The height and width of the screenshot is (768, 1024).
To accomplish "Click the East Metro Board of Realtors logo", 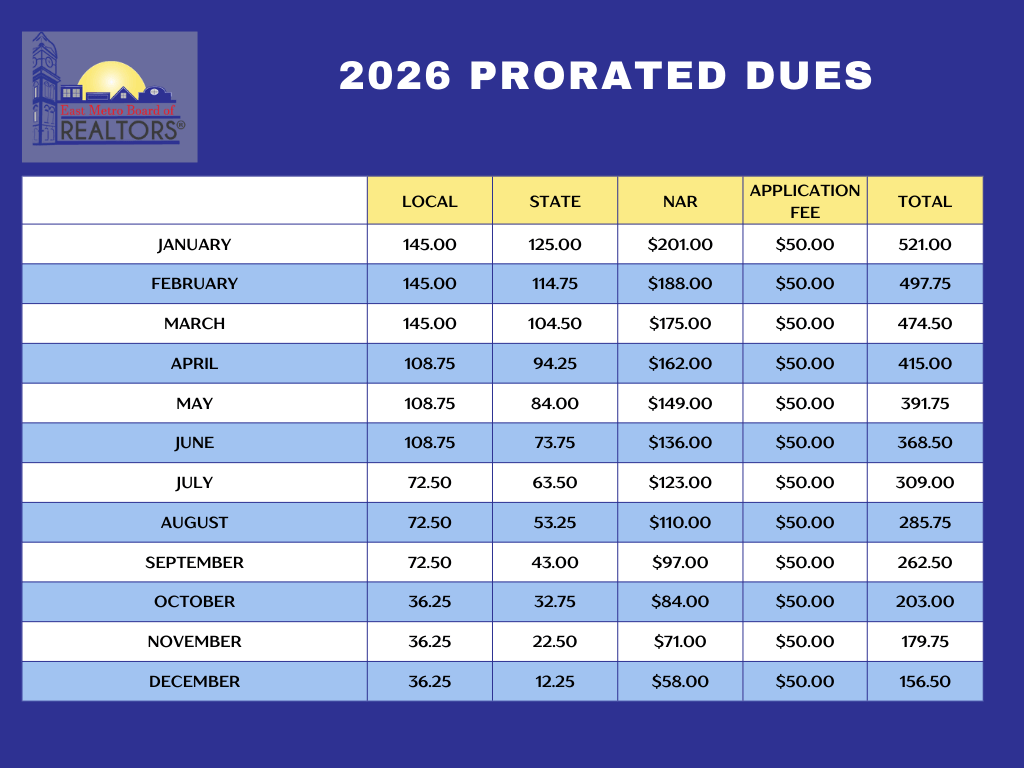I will click(110, 96).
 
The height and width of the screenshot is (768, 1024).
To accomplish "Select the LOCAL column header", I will click(429, 201).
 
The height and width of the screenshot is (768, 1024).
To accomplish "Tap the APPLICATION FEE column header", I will click(805, 201).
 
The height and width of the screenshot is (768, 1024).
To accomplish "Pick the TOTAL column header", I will click(925, 201).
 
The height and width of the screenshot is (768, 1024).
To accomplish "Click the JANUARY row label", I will click(194, 244).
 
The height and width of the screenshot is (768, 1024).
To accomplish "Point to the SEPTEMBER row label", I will click(194, 562).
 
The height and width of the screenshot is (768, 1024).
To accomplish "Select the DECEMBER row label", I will click(194, 681).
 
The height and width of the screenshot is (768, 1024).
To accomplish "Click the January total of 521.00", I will click(925, 244).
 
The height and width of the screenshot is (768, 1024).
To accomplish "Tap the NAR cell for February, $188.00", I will click(680, 284).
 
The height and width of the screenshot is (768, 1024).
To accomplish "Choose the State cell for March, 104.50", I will click(554, 324).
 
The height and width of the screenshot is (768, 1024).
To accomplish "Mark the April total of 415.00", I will click(925, 363).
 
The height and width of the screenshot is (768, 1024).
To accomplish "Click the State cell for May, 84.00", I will click(554, 403).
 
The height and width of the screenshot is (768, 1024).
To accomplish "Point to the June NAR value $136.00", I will click(680, 443).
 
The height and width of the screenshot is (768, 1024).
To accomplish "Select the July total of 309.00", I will click(925, 483).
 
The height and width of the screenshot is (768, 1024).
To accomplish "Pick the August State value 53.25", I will click(554, 522).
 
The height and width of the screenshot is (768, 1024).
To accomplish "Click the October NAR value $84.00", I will click(680, 602).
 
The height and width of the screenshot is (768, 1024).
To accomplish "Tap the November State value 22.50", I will click(554, 641).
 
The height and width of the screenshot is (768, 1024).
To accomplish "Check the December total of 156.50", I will click(925, 681).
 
